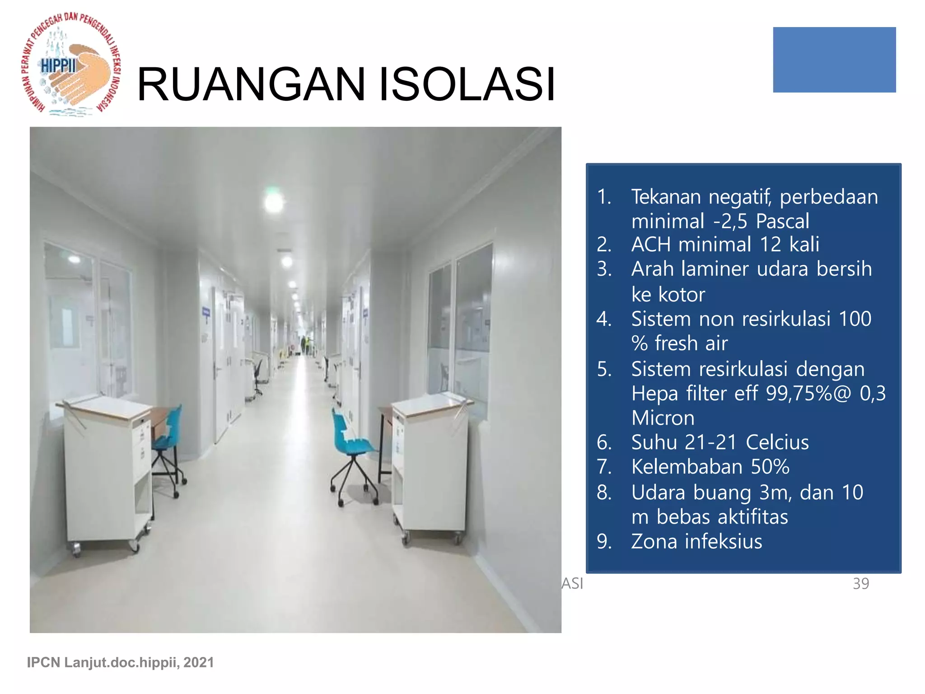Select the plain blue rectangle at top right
click(834, 60)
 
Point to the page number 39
click(860, 583)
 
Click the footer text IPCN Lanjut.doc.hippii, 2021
click(120, 662)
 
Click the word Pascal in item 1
click(782, 221)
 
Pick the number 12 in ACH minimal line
click(771, 244)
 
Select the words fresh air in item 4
click(691, 343)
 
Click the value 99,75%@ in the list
click(808, 393)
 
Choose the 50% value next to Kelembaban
click(770, 467)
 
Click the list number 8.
click(604, 492)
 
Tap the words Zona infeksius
click(696, 541)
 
